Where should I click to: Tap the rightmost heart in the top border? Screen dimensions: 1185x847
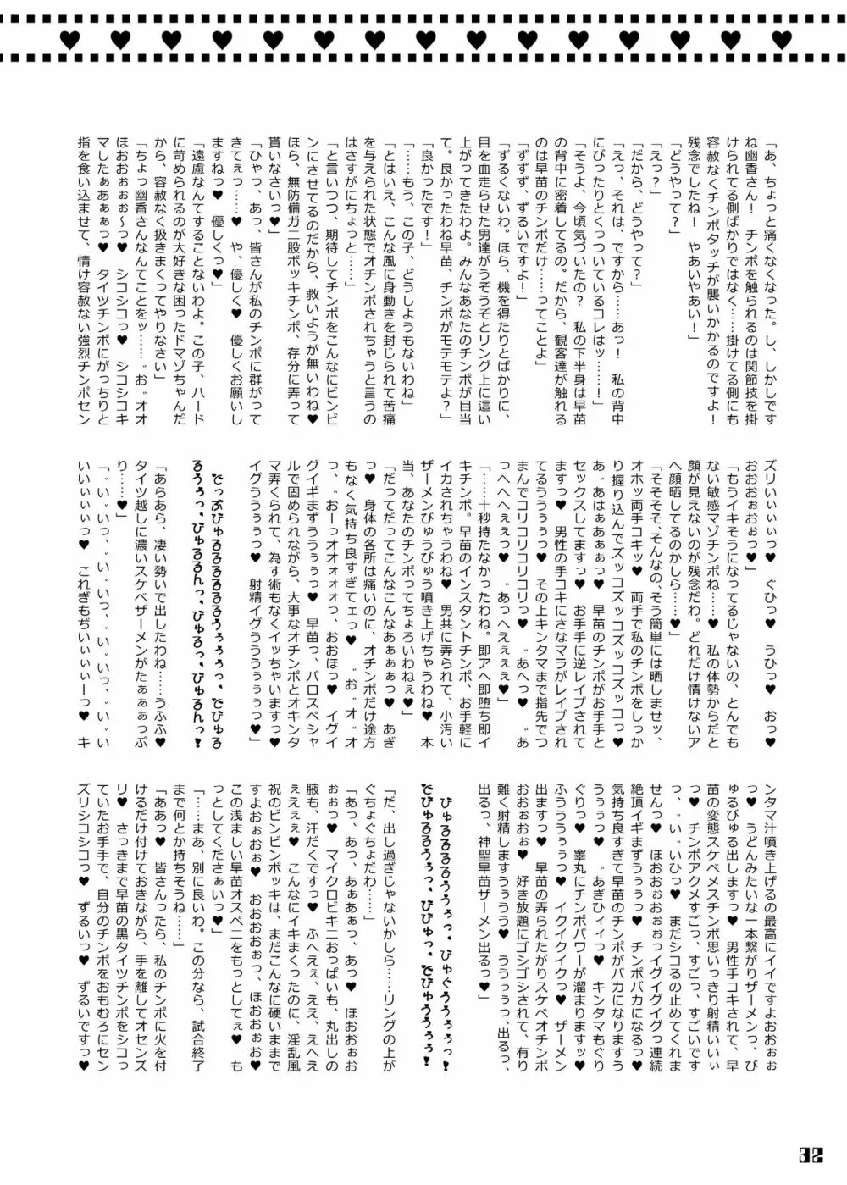781,38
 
